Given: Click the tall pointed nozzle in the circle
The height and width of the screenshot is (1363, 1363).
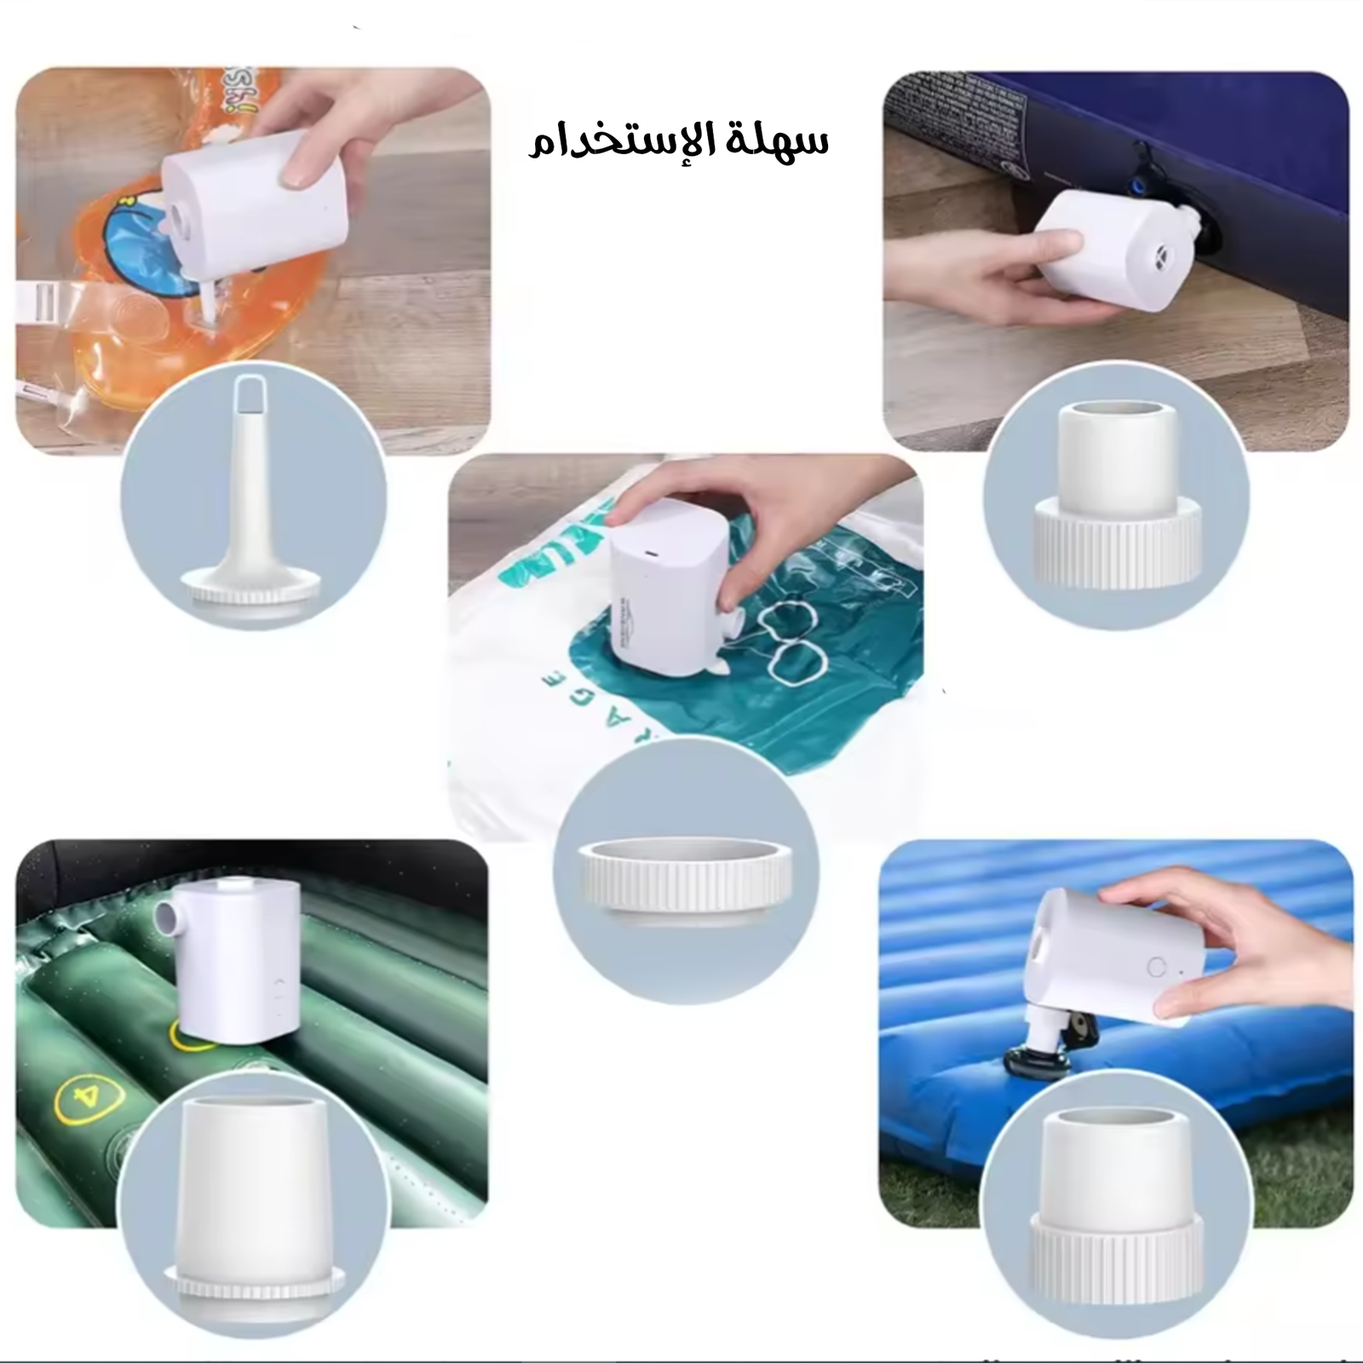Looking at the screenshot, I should click(252, 503).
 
